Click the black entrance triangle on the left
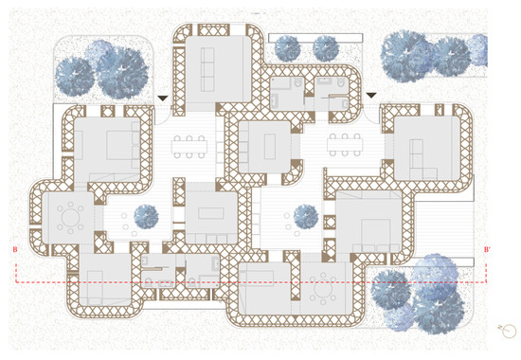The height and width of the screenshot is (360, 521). (165, 98)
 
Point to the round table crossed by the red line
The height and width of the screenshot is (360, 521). (324, 285)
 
